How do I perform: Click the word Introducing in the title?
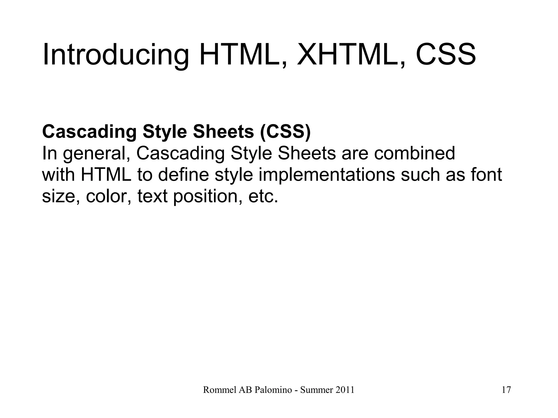(x=116, y=55)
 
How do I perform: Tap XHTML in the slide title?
(x=345, y=55)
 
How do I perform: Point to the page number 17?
(x=506, y=390)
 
